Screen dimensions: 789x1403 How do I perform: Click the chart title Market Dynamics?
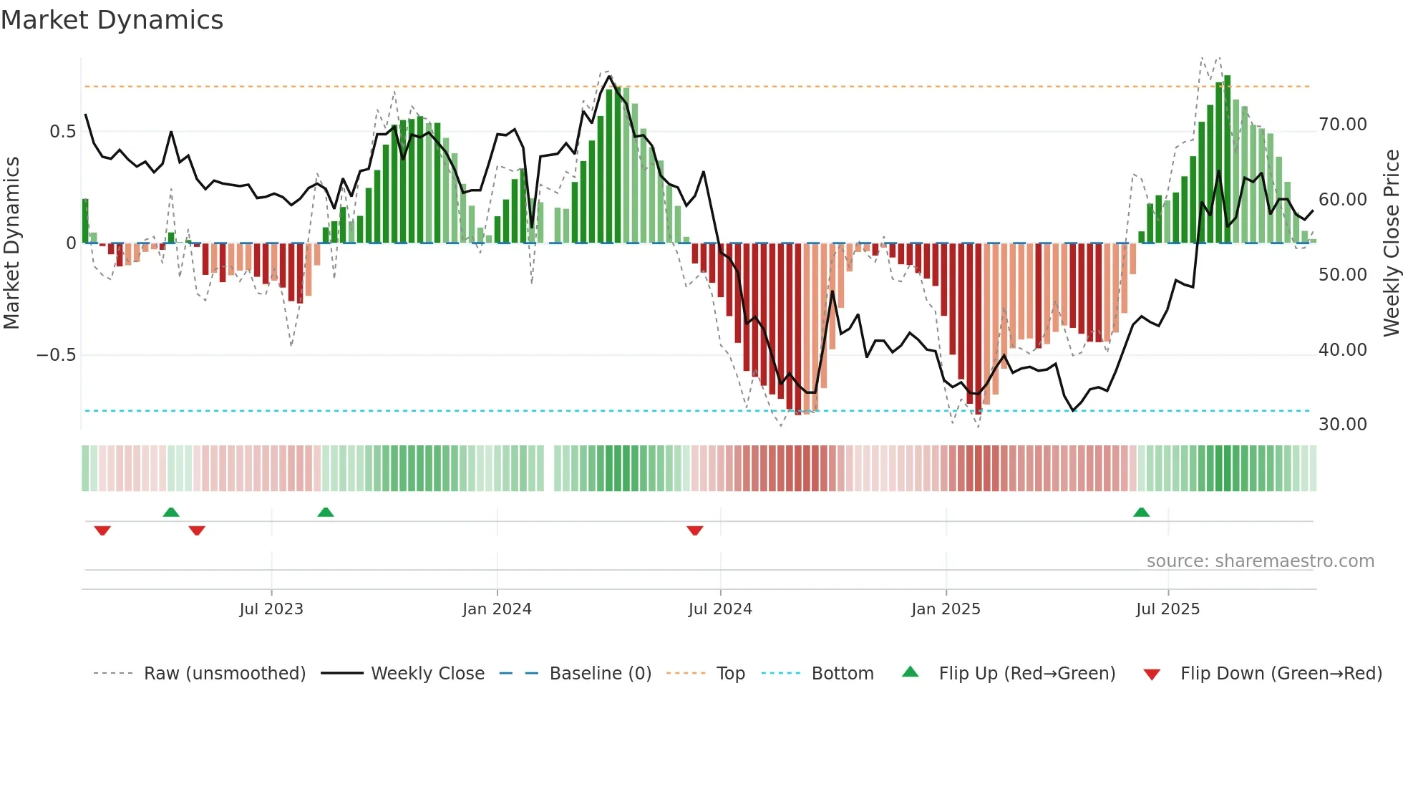point(112,20)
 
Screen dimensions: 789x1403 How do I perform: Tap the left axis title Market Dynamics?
point(11,243)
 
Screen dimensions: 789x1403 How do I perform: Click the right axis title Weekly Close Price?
point(1391,243)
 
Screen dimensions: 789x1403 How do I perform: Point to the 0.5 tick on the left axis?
point(62,132)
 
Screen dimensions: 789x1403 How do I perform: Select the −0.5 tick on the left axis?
point(56,355)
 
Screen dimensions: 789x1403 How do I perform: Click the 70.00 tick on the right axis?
point(1342,125)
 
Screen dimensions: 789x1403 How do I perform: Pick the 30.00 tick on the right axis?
point(1342,425)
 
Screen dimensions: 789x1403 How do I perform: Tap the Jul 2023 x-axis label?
point(271,609)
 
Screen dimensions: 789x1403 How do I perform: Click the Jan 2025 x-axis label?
point(946,609)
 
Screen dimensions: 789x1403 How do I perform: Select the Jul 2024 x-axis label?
point(720,609)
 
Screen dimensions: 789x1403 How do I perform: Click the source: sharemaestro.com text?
point(1260,561)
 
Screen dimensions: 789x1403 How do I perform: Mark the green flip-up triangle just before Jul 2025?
point(1141,513)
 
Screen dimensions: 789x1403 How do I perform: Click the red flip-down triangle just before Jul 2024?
point(694,531)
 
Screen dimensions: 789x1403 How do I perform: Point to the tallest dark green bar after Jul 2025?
point(1227,159)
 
